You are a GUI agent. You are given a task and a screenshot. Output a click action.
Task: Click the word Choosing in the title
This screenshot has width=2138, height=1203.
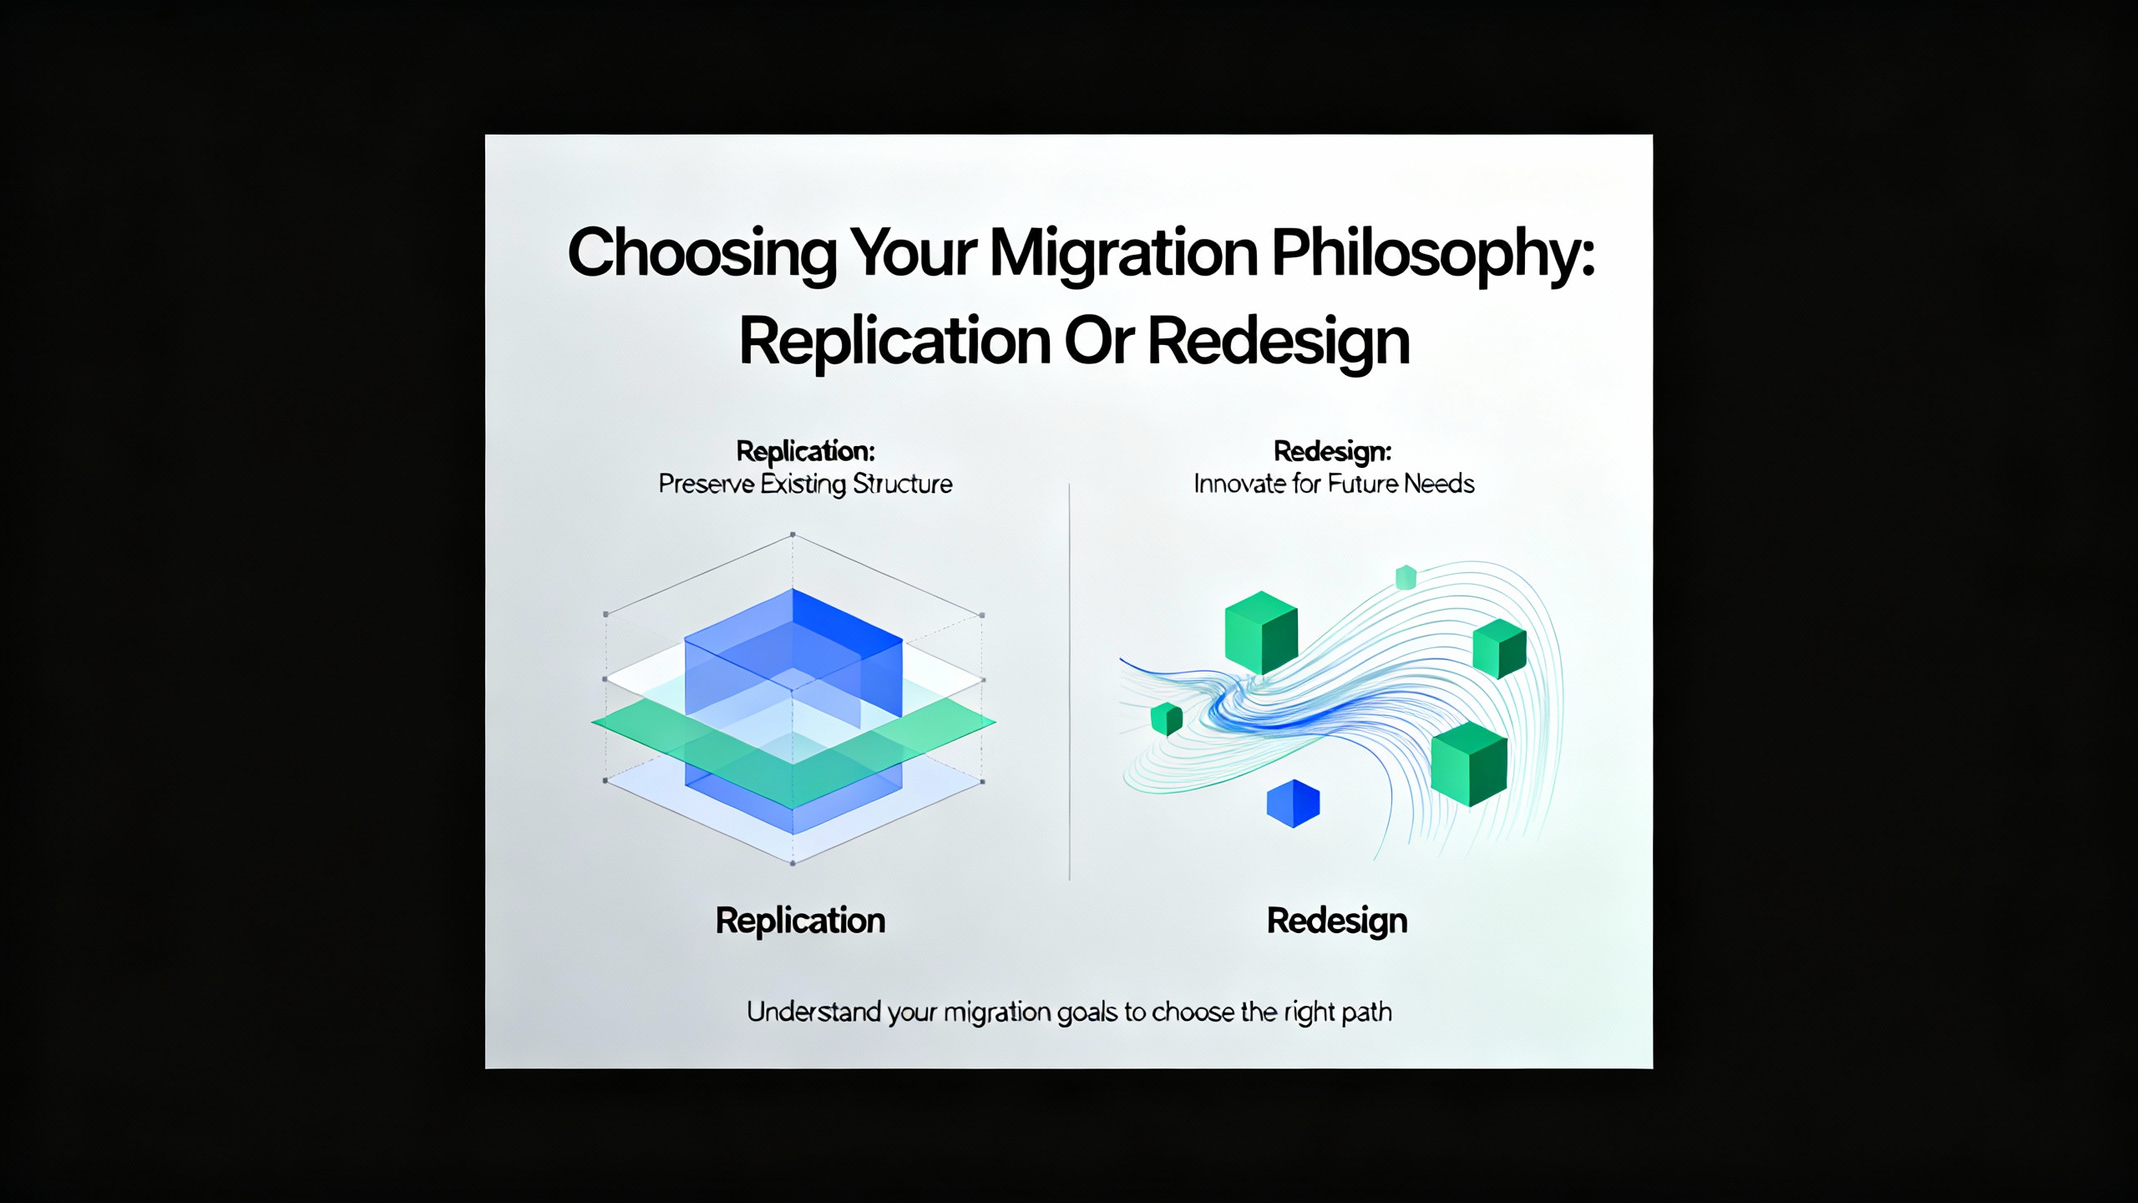tap(702, 254)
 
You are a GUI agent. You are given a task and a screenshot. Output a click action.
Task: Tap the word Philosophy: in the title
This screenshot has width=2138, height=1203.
tap(1433, 254)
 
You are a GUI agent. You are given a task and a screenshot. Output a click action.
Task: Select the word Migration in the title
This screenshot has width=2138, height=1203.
tap(1123, 254)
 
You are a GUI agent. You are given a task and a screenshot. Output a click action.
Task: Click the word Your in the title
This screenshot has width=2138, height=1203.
tap(913, 254)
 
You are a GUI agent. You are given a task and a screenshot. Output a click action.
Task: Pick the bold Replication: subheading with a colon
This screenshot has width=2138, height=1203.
tap(805, 452)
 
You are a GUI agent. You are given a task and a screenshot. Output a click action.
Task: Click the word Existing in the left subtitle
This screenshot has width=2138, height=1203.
tap(803, 485)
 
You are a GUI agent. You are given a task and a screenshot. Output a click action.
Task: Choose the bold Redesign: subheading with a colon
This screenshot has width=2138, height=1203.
tap(1332, 452)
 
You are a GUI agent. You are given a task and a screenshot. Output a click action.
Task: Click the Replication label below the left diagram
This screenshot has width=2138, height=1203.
tap(800, 921)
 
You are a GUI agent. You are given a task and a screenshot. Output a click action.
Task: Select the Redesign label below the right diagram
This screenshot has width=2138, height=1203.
tap(1336, 921)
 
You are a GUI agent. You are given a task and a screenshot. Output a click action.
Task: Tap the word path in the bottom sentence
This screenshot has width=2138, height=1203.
tap(1366, 1013)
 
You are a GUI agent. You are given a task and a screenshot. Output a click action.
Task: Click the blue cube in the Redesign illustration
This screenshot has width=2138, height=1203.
tap(1293, 804)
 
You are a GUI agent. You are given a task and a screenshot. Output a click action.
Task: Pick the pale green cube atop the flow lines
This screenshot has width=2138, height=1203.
tap(1406, 577)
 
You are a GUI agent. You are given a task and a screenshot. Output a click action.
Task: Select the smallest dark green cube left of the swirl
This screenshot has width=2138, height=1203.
tap(1167, 718)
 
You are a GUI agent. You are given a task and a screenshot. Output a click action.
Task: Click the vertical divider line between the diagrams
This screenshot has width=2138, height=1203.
tap(1069, 681)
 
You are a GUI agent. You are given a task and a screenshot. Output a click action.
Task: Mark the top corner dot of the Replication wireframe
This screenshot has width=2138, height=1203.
tap(793, 534)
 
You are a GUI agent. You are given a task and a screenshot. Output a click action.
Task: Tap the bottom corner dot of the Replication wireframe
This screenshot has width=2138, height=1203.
tap(793, 863)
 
